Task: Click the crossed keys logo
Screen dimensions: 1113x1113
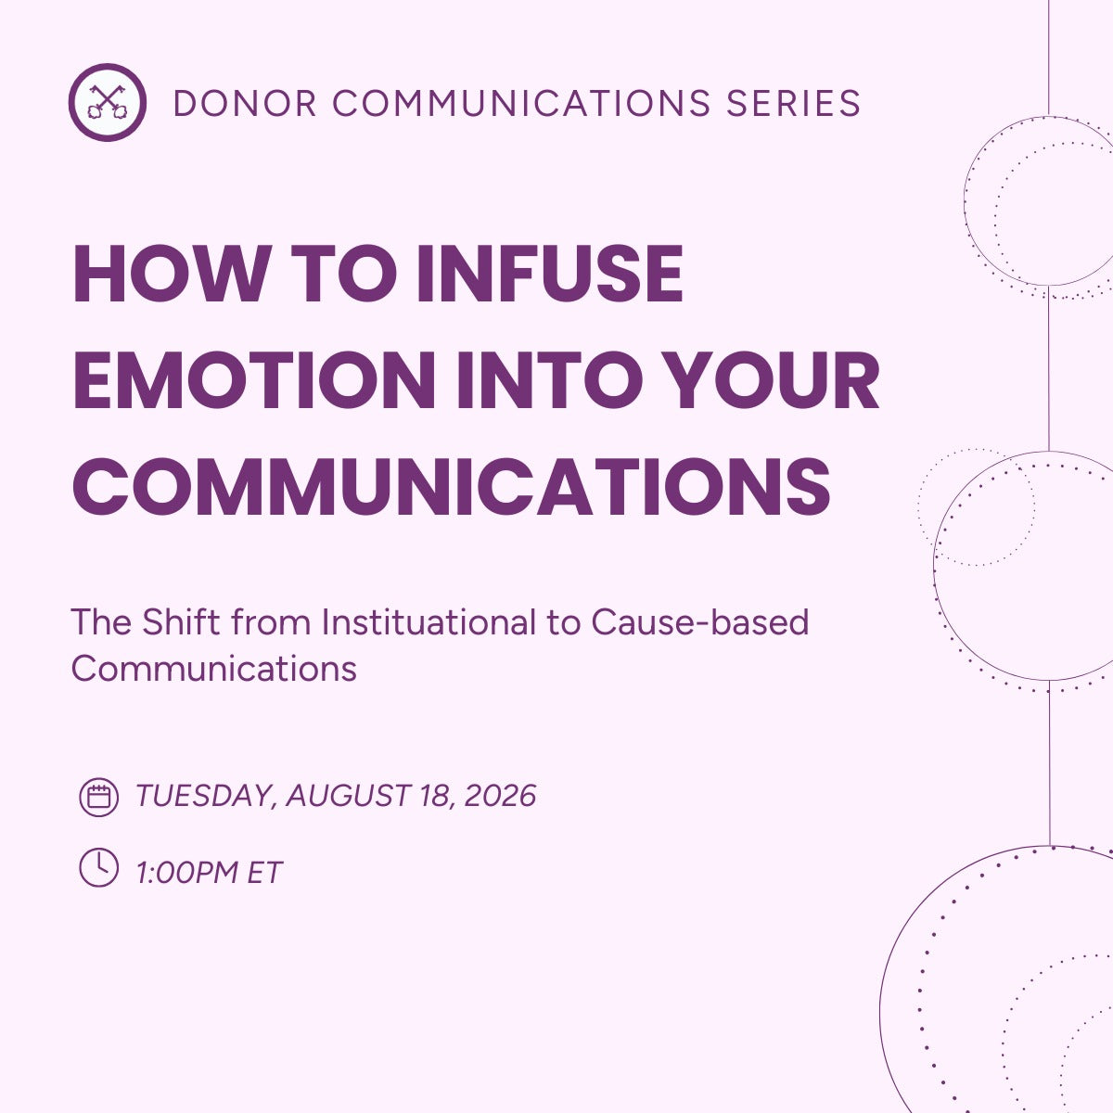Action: coord(108,102)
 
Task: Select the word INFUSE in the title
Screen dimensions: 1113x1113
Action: coord(550,275)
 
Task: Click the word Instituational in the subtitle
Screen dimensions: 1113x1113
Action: coord(429,621)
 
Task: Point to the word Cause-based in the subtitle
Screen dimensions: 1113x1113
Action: coord(699,621)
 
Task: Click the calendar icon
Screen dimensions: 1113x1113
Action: coord(98,797)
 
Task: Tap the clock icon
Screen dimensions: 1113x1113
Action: coord(98,867)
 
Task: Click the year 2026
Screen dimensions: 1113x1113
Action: coord(500,796)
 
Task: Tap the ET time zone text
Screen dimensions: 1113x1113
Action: coord(264,872)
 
